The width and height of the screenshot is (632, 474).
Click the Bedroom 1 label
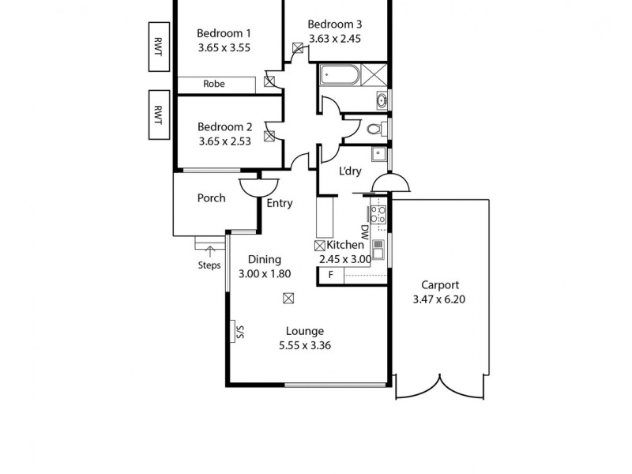click(x=224, y=33)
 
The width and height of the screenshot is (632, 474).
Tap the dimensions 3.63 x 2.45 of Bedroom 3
click(x=334, y=38)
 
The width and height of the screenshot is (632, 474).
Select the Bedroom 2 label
click(x=224, y=126)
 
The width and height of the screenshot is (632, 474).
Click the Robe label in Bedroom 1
click(x=214, y=84)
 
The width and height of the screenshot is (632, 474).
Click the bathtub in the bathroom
click(x=340, y=76)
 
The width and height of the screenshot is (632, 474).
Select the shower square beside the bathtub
click(x=375, y=76)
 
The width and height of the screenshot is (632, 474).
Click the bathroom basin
click(x=382, y=100)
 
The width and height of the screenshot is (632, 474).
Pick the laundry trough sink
click(x=378, y=155)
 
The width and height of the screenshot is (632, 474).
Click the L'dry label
click(x=350, y=172)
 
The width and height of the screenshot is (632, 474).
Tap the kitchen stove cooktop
click(x=378, y=214)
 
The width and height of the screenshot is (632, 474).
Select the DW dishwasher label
click(x=364, y=232)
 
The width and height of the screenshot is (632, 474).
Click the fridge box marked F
click(x=330, y=275)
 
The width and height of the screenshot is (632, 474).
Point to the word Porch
click(x=211, y=198)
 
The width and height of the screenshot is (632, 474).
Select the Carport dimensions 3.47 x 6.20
click(x=440, y=299)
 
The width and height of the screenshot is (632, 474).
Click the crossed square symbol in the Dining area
click(x=288, y=298)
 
